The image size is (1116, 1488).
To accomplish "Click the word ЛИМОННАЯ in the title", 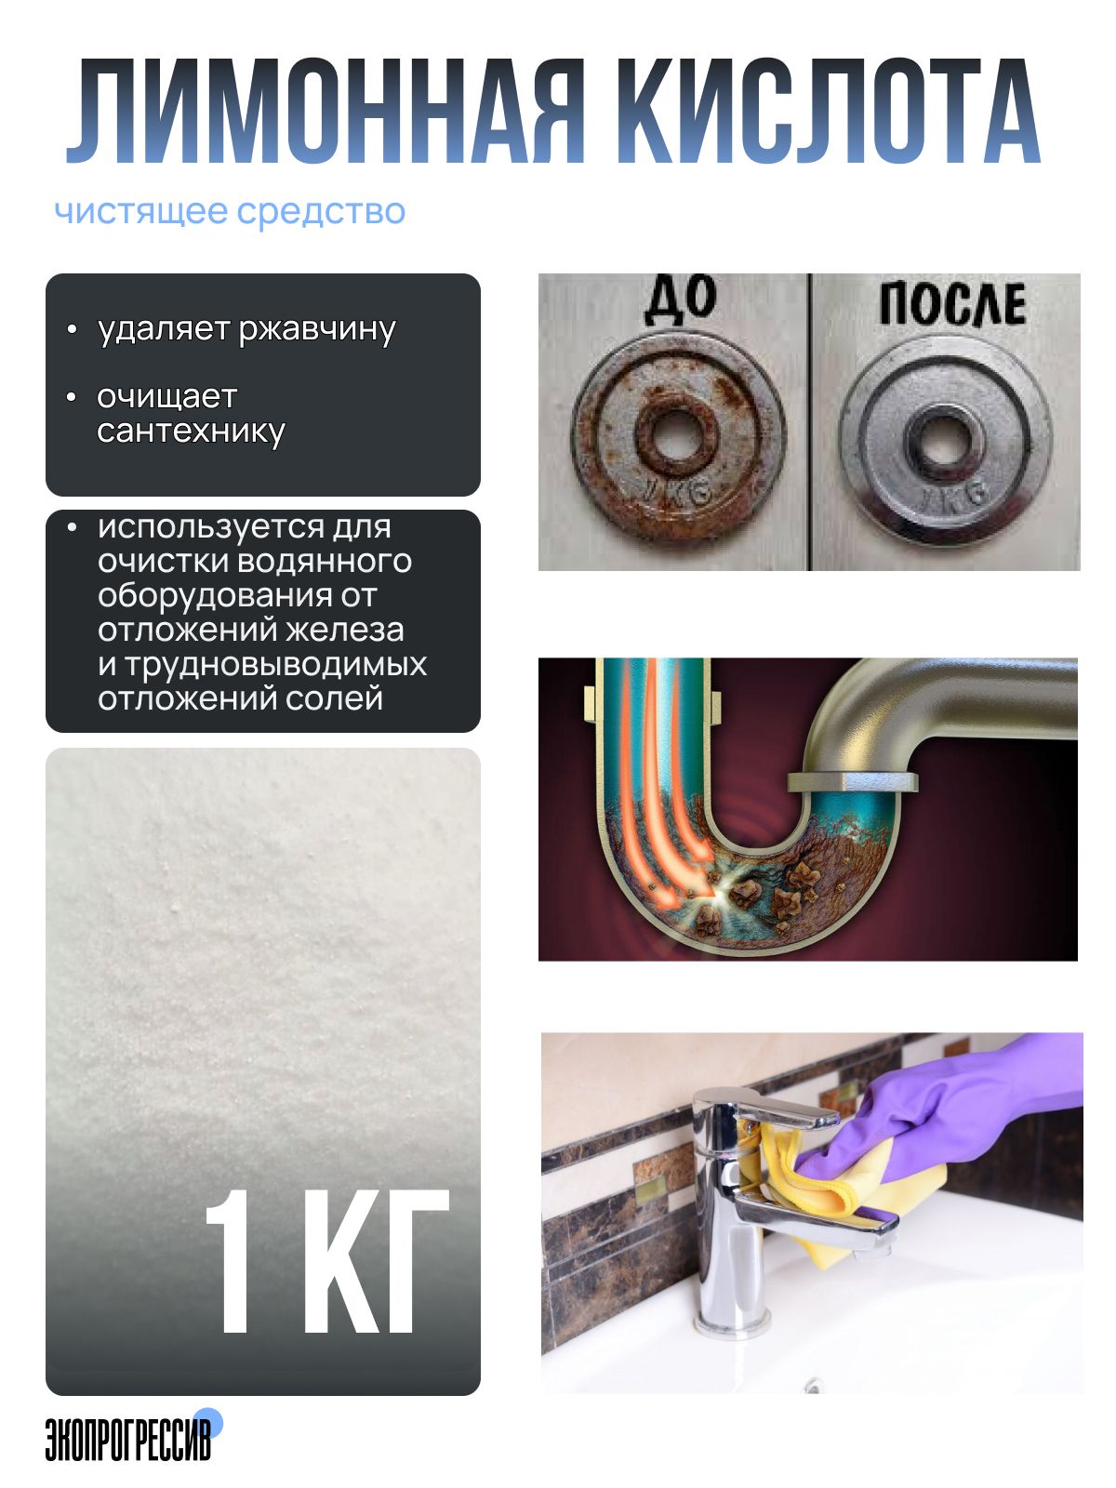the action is click(x=325, y=112).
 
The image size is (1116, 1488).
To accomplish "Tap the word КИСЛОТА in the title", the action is click(x=828, y=112).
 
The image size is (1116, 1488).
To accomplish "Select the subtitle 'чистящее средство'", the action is click(x=230, y=211).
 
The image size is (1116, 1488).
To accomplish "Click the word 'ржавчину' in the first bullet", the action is click(x=317, y=330).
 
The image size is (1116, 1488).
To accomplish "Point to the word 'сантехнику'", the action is click(x=191, y=432).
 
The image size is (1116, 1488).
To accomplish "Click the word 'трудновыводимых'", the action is click(x=262, y=664).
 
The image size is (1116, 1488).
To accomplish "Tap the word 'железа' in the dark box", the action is click(x=344, y=631).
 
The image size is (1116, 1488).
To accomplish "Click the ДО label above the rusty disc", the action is click(x=680, y=301).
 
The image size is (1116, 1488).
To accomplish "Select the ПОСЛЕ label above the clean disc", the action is click(x=951, y=304).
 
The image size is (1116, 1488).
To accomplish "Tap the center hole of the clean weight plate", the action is click(x=942, y=439).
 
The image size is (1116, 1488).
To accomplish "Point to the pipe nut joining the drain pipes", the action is click(x=853, y=782).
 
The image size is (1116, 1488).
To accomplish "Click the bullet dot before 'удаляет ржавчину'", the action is click(x=73, y=329).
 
